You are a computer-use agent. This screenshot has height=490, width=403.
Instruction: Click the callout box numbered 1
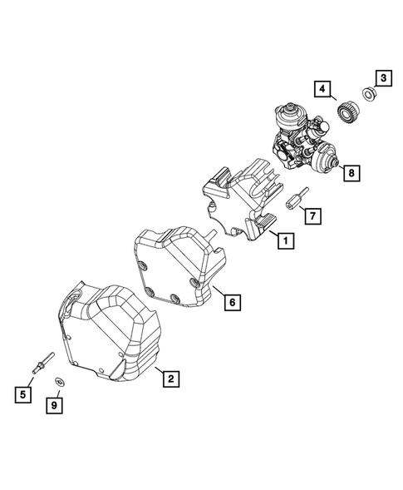(284, 243)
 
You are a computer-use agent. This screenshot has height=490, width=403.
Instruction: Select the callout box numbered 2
(170, 379)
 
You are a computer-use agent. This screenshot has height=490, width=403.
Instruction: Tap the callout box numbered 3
(384, 79)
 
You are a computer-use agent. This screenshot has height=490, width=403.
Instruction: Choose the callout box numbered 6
(233, 304)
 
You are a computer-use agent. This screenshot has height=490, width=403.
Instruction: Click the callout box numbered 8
(351, 173)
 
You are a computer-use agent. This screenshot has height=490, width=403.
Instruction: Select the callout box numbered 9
(54, 405)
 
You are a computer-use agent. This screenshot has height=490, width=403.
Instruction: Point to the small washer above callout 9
(60, 381)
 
